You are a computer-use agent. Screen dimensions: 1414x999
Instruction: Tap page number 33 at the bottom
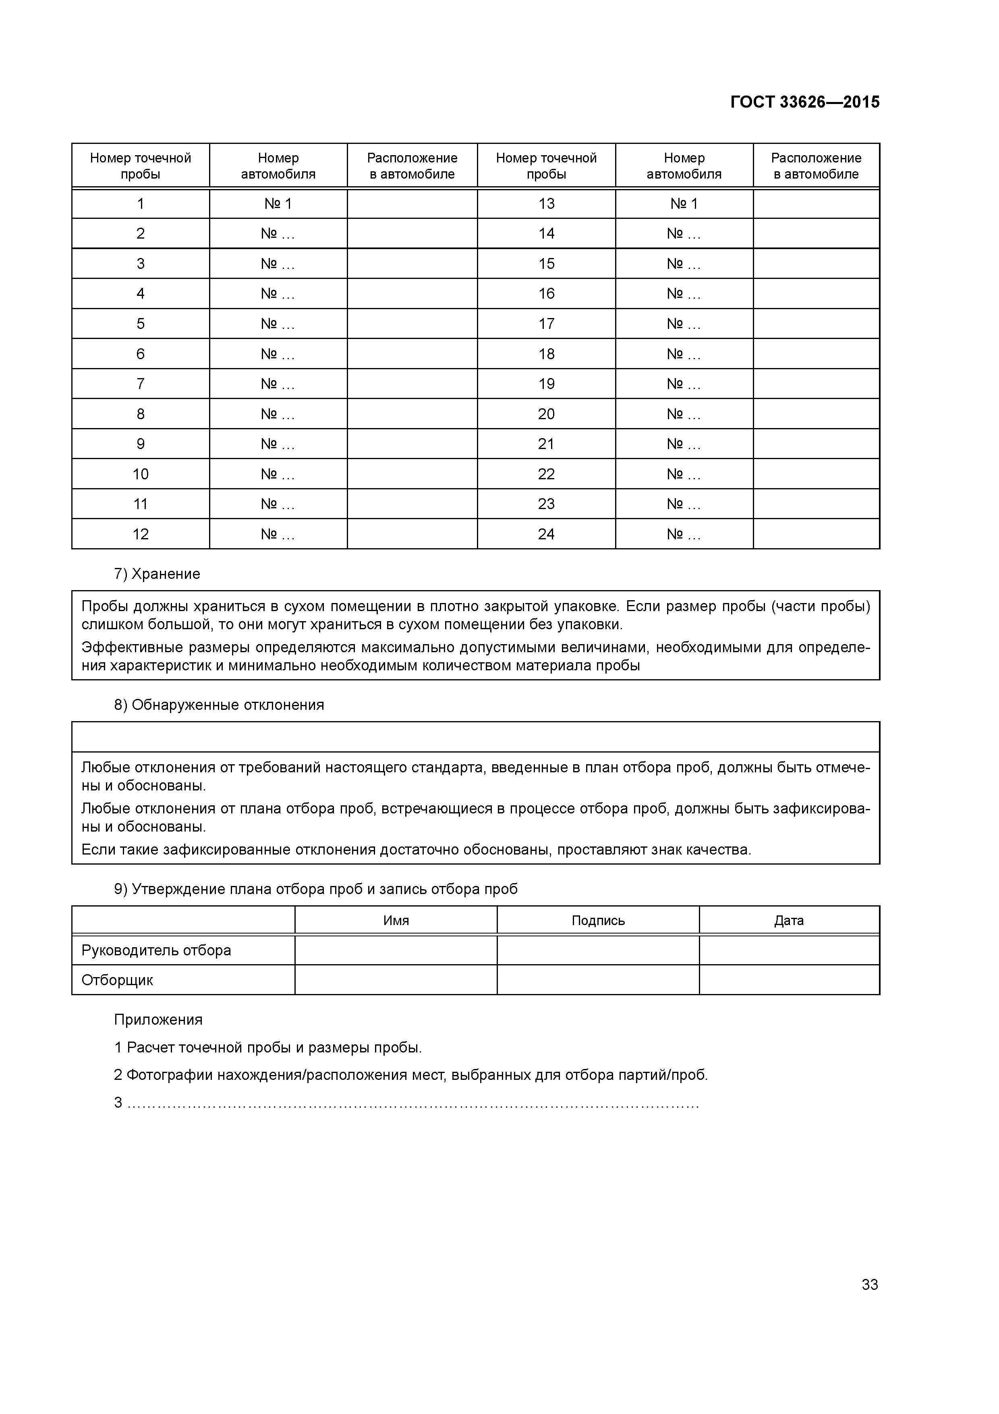[869, 1284]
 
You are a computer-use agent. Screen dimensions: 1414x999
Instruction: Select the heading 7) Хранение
[157, 574]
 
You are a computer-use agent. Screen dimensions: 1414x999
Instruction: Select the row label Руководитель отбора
[156, 950]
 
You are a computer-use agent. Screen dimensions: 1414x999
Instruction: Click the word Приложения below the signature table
[158, 1019]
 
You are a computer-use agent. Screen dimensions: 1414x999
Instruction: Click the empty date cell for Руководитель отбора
[789, 950]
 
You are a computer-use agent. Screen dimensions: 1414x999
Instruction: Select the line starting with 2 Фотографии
[410, 1075]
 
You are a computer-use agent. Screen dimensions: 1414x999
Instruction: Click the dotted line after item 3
[412, 1103]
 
